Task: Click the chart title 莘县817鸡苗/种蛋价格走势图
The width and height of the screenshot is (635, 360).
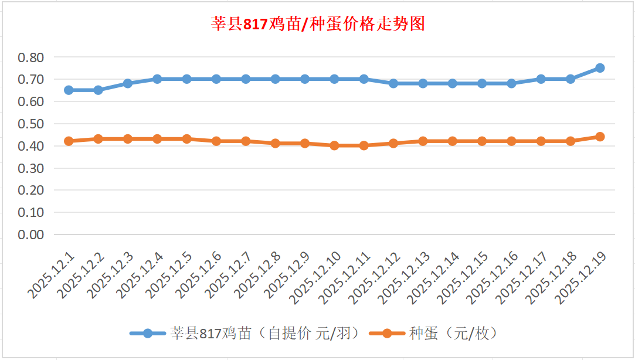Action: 317,24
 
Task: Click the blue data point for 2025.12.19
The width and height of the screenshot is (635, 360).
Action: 600,68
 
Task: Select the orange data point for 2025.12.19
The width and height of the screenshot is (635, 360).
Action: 600,137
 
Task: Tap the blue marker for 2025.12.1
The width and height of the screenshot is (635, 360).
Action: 69,90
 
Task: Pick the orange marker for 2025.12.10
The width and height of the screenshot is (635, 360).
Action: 334,145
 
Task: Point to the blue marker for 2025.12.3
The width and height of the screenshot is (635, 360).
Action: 128,83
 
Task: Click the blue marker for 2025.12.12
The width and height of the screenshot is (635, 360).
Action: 393,83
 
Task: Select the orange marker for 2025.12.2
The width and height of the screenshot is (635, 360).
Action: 99,139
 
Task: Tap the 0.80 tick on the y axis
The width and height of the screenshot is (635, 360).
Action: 31,57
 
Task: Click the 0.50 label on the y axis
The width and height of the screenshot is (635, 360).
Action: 31,124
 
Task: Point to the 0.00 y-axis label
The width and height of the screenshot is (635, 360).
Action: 31,235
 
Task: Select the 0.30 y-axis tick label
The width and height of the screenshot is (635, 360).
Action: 31,168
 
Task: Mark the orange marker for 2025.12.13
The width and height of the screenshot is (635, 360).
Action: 423,141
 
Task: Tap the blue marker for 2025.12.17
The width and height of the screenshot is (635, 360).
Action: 541,79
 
